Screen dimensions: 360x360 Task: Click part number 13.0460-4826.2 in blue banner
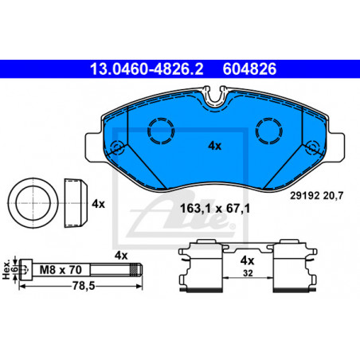tap(147, 68)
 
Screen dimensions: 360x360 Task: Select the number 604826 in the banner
tap(249, 68)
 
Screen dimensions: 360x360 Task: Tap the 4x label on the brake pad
tap(214, 146)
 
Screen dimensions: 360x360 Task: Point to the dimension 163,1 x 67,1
tap(215, 209)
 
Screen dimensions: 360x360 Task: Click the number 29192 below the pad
tap(304, 196)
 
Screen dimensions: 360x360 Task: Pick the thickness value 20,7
tap(334, 196)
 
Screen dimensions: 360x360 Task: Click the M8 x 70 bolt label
tap(61, 270)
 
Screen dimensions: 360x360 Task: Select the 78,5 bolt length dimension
tap(84, 286)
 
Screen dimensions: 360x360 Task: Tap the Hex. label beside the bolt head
tap(6, 270)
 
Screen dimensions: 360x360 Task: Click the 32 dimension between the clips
tap(248, 273)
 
